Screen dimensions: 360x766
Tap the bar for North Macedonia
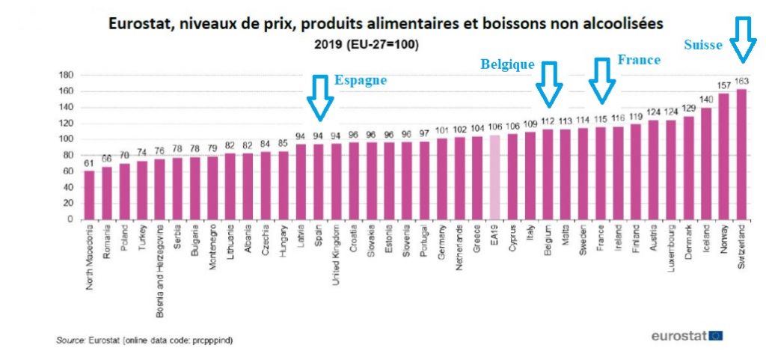click(x=90, y=195)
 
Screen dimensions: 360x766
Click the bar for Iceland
click(x=705, y=163)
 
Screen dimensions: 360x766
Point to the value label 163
click(x=742, y=81)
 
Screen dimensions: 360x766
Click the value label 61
click(x=90, y=162)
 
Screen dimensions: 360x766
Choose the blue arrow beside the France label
click(x=601, y=81)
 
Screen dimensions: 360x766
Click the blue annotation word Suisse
click(x=702, y=45)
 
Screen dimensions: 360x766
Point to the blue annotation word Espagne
click(x=360, y=80)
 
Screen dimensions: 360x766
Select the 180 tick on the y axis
click(x=66, y=75)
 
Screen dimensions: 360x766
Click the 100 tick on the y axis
click(x=66, y=139)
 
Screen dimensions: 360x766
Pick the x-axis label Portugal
click(x=423, y=241)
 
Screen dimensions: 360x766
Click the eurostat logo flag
click(x=716, y=335)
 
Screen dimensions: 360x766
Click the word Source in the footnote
click(x=70, y=341)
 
